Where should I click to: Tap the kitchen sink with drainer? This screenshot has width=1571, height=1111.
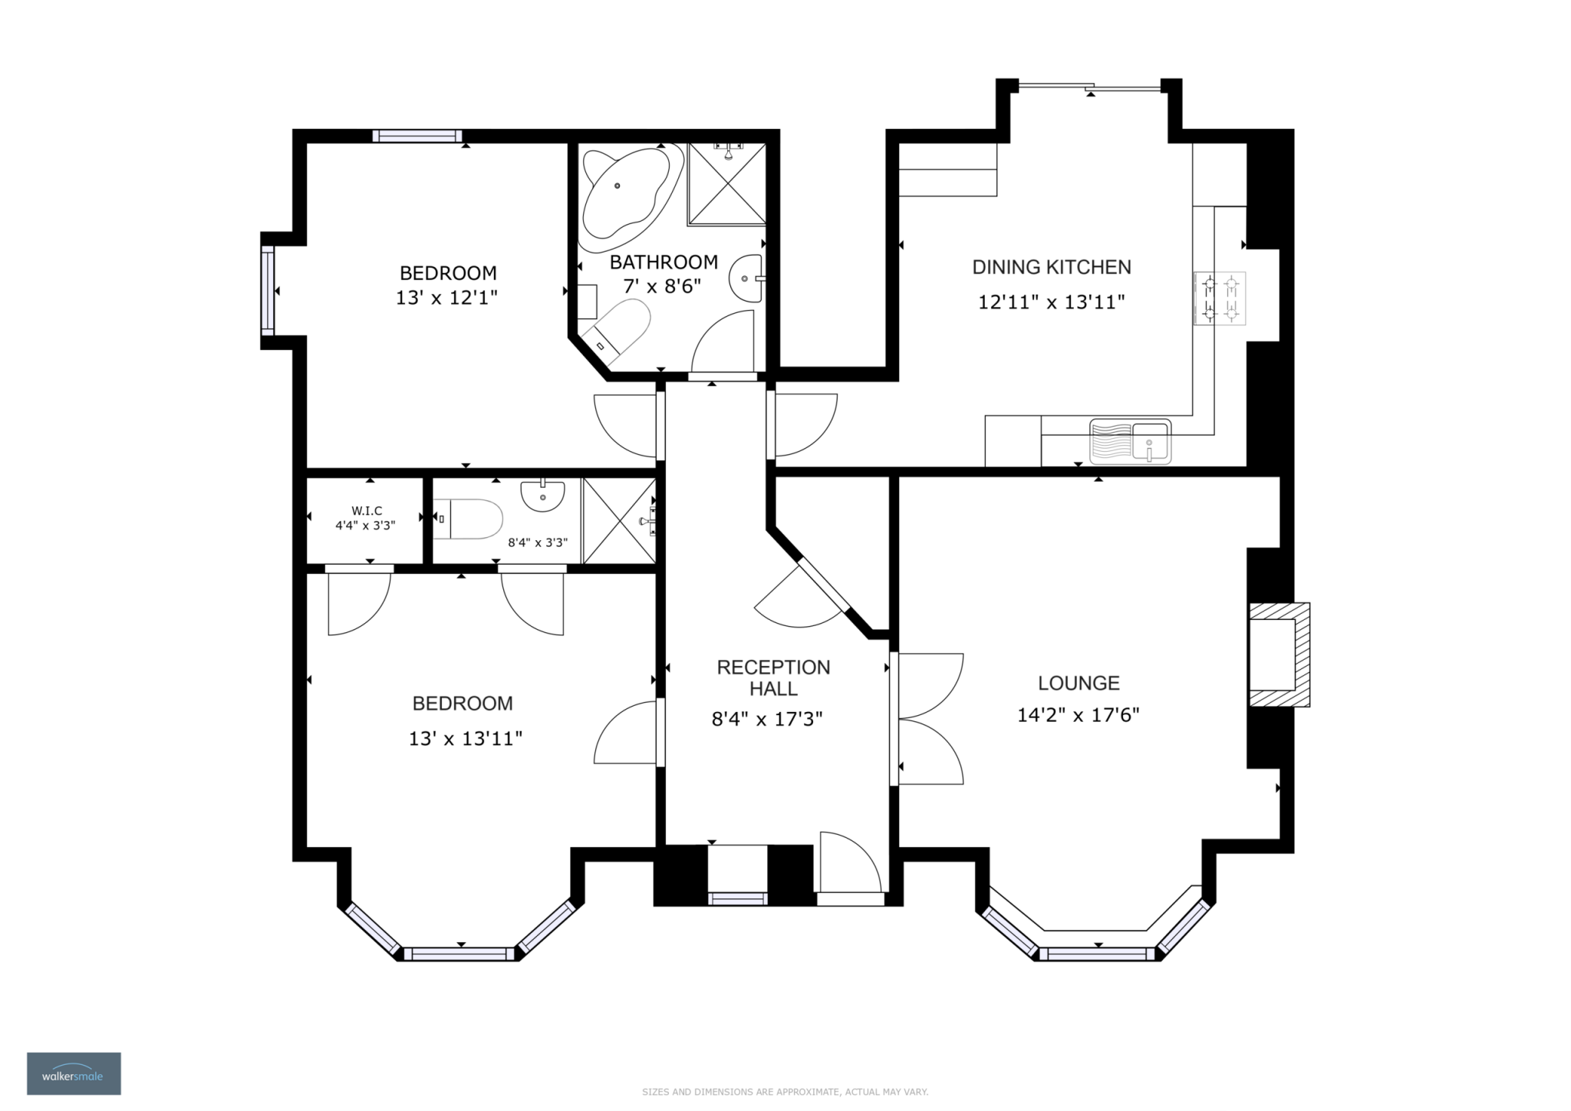tap(1131, 441)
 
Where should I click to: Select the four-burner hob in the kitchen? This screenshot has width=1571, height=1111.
tap(1220, 298)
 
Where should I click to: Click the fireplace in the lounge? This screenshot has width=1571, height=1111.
tap(1279, 654)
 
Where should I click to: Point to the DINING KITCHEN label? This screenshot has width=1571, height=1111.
tap(1052, 267)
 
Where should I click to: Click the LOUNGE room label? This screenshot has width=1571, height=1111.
tap(1079, 683)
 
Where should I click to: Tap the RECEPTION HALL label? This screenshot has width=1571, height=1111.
tap(773, 677)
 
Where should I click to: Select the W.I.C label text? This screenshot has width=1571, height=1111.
tap(367, 510)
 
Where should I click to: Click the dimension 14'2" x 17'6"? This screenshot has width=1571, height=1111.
tap(1078, 715)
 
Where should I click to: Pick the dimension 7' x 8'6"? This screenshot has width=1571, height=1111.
tap(663, 286)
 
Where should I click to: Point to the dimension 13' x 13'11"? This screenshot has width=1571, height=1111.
tap(466, 739)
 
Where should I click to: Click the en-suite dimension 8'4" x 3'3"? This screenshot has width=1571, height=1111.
tap(538, 542)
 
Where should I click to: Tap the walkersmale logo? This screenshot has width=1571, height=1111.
tap(74, 1073)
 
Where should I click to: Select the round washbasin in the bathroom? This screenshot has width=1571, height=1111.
tap(746, 279)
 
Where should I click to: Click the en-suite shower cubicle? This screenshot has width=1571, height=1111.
tap(619, 521)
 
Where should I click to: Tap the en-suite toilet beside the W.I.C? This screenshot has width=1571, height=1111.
tap(467, 519)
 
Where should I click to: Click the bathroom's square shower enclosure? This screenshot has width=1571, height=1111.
tap(726, 183)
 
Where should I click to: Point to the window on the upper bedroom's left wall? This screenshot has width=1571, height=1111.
tap(267, 290)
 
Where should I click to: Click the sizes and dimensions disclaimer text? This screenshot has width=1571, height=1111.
tap(785, 1092)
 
